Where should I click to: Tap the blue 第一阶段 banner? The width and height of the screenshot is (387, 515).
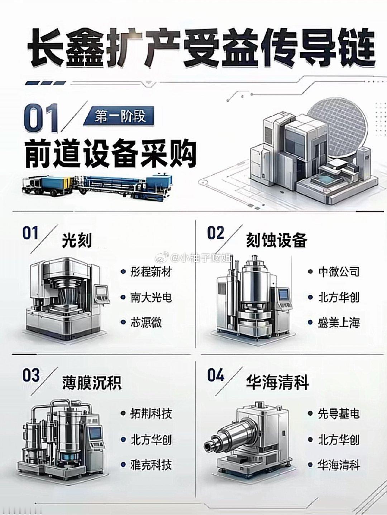pyautogui.click(x=119, y=116)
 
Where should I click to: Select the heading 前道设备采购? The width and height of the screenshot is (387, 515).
pyautogui.click(x=111, y=153)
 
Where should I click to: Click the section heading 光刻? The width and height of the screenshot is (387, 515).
pyautogui.click(x=77, y=240)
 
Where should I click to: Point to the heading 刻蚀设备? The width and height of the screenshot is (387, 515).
pyautogui.click(x=277, y=240)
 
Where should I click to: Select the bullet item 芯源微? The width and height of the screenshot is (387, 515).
pyautogui.click(x=146, y=323)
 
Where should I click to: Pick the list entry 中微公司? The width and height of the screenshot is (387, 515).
pyautogui.click(x=339, y=272)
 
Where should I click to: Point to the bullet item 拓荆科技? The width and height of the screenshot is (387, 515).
pyautogui.click(x=151, y=414)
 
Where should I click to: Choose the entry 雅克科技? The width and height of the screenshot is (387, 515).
pyautogui.click(x=151, y=464)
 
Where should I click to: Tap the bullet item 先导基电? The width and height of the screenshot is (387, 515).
pyautogui.click(x=339, y=413)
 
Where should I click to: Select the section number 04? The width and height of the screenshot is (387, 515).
pyautogui.click(x=216, y=376)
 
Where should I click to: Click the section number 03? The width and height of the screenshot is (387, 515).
pyautogui.click(x=31, y=376)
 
